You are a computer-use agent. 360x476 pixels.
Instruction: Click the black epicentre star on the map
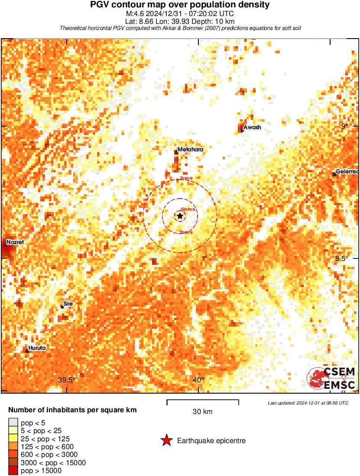pos(180,215)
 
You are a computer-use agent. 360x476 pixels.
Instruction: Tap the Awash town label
pos(252,127)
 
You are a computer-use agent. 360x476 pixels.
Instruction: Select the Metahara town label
pos(190,149)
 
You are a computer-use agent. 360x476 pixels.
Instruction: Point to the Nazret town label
pos(15,242)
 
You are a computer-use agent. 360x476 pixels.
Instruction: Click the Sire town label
pos(68,304)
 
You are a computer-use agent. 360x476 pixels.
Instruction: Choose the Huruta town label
pos(37,348)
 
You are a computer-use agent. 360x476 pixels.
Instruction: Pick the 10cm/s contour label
pos(188,209)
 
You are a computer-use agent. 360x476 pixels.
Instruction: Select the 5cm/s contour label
pos(186,232)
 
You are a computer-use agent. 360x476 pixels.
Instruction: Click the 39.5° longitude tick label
pos(67,380)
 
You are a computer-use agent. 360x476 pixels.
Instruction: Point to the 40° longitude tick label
pos(198,380)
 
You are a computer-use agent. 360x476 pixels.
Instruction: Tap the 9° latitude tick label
pos(345,127)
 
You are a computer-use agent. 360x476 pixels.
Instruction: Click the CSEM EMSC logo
pos(332,378)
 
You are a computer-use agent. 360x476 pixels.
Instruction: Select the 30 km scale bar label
pos(202,411)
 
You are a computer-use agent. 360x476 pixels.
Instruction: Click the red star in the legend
pos(166,441)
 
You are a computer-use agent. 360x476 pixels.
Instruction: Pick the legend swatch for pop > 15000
pos(13,470)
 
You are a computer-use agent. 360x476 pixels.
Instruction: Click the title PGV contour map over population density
pos(180,5)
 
